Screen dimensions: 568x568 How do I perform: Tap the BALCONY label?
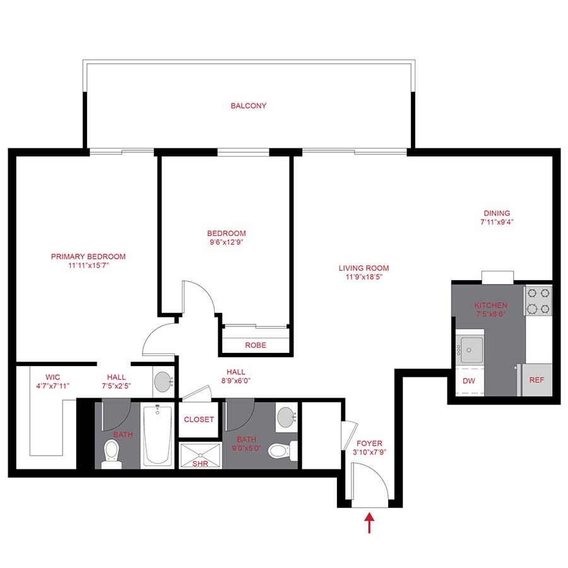(248, 106)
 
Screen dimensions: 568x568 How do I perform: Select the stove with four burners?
(538, 300)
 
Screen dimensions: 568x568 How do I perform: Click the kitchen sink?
(471, 348)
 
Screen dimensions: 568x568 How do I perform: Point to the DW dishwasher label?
(469, 381)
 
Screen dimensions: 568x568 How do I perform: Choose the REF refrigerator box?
(536, 381)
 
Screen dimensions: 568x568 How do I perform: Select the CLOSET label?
(199, 420)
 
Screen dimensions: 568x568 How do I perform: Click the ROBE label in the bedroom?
(256, 345)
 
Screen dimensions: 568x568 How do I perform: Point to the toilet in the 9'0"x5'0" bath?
(278, 451)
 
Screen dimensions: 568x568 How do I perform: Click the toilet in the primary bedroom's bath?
(112, 452)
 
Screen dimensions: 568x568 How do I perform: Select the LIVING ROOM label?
(364, 268)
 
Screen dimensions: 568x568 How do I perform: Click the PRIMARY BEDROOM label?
(88, 256)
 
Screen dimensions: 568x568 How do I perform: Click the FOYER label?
(369, 443)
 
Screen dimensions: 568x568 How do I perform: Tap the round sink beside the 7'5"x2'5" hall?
(163, 382)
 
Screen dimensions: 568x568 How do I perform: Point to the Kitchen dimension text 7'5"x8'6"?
(491, 314)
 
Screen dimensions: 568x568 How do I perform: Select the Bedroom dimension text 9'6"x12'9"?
(227, 242)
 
